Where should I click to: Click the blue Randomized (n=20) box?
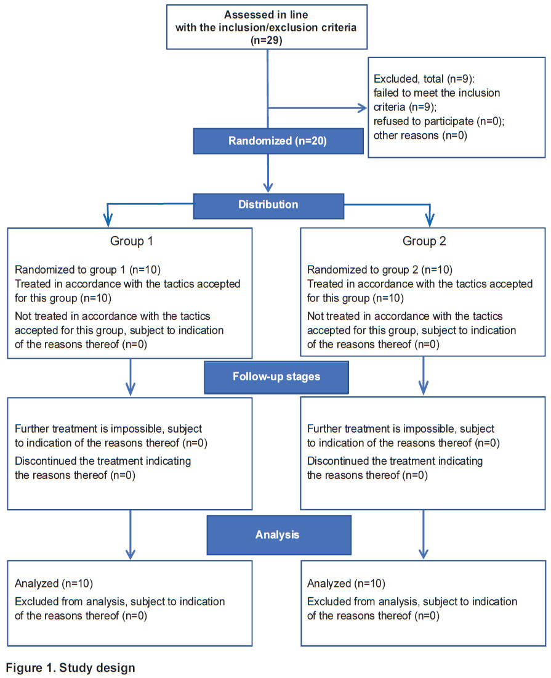pos(278,141)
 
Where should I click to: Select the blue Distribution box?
pos(268,206)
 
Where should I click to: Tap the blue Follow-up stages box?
pos(276,377)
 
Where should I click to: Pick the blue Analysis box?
pos(279,535)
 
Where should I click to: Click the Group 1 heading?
pos(131,241)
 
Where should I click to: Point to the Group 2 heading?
pos(424,241)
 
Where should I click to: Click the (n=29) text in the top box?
pos(267,41)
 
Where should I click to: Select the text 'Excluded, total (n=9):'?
pos(424,79)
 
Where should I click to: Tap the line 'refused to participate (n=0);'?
pos(439,121)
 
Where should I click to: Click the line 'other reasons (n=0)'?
pos(420,136)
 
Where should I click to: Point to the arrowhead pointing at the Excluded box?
pos(363,108)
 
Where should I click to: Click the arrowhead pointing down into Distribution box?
pos(268,187)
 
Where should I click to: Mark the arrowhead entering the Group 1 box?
pos(108,221)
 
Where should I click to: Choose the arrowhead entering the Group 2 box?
pos(429,221)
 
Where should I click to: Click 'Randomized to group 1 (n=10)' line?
pos(87,270)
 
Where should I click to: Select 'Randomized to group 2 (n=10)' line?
pos(380,270)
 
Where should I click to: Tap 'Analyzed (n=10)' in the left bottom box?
pos(54,584)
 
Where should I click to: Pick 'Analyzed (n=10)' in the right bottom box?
pos(346,584)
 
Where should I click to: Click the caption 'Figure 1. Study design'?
pos(70,668)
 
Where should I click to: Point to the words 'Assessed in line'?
pos(266,15)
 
